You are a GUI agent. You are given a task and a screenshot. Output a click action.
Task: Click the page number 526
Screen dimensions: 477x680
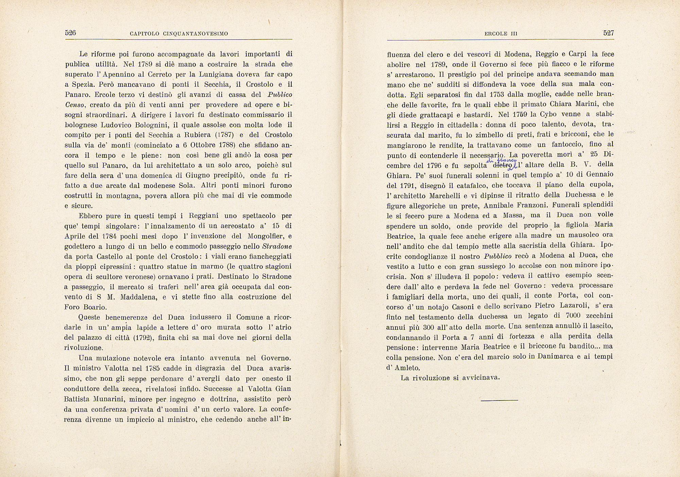(x=70, y=33)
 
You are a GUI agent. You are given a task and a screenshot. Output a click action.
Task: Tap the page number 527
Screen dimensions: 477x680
(x=609, y=33)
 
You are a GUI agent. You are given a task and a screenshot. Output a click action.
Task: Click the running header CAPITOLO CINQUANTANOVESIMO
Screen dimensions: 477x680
(x=179, y=34)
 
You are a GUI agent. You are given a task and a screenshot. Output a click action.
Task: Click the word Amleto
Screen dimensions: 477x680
(x=407, y=368)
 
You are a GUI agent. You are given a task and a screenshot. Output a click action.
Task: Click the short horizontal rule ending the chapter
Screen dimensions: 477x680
(x=499, y=400)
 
